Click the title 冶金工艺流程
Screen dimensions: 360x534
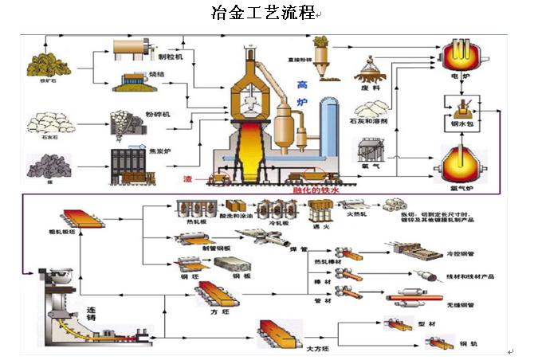(262, 14)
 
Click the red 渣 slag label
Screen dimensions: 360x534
(188, 178)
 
